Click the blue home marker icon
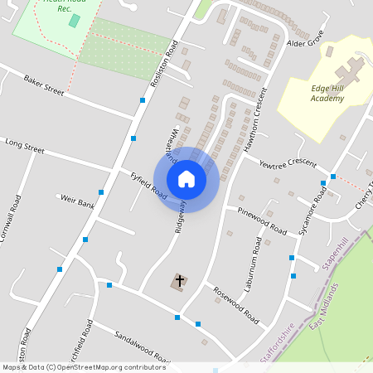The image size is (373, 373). (186, 179)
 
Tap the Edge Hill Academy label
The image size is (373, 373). (316, 94)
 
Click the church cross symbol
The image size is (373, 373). (179, 282)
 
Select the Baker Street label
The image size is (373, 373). (44, 85)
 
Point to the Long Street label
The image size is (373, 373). (24, 148)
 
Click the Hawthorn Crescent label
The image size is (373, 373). (254, 120)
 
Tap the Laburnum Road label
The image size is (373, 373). (253, 271)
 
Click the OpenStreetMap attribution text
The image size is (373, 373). (83, 367)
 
